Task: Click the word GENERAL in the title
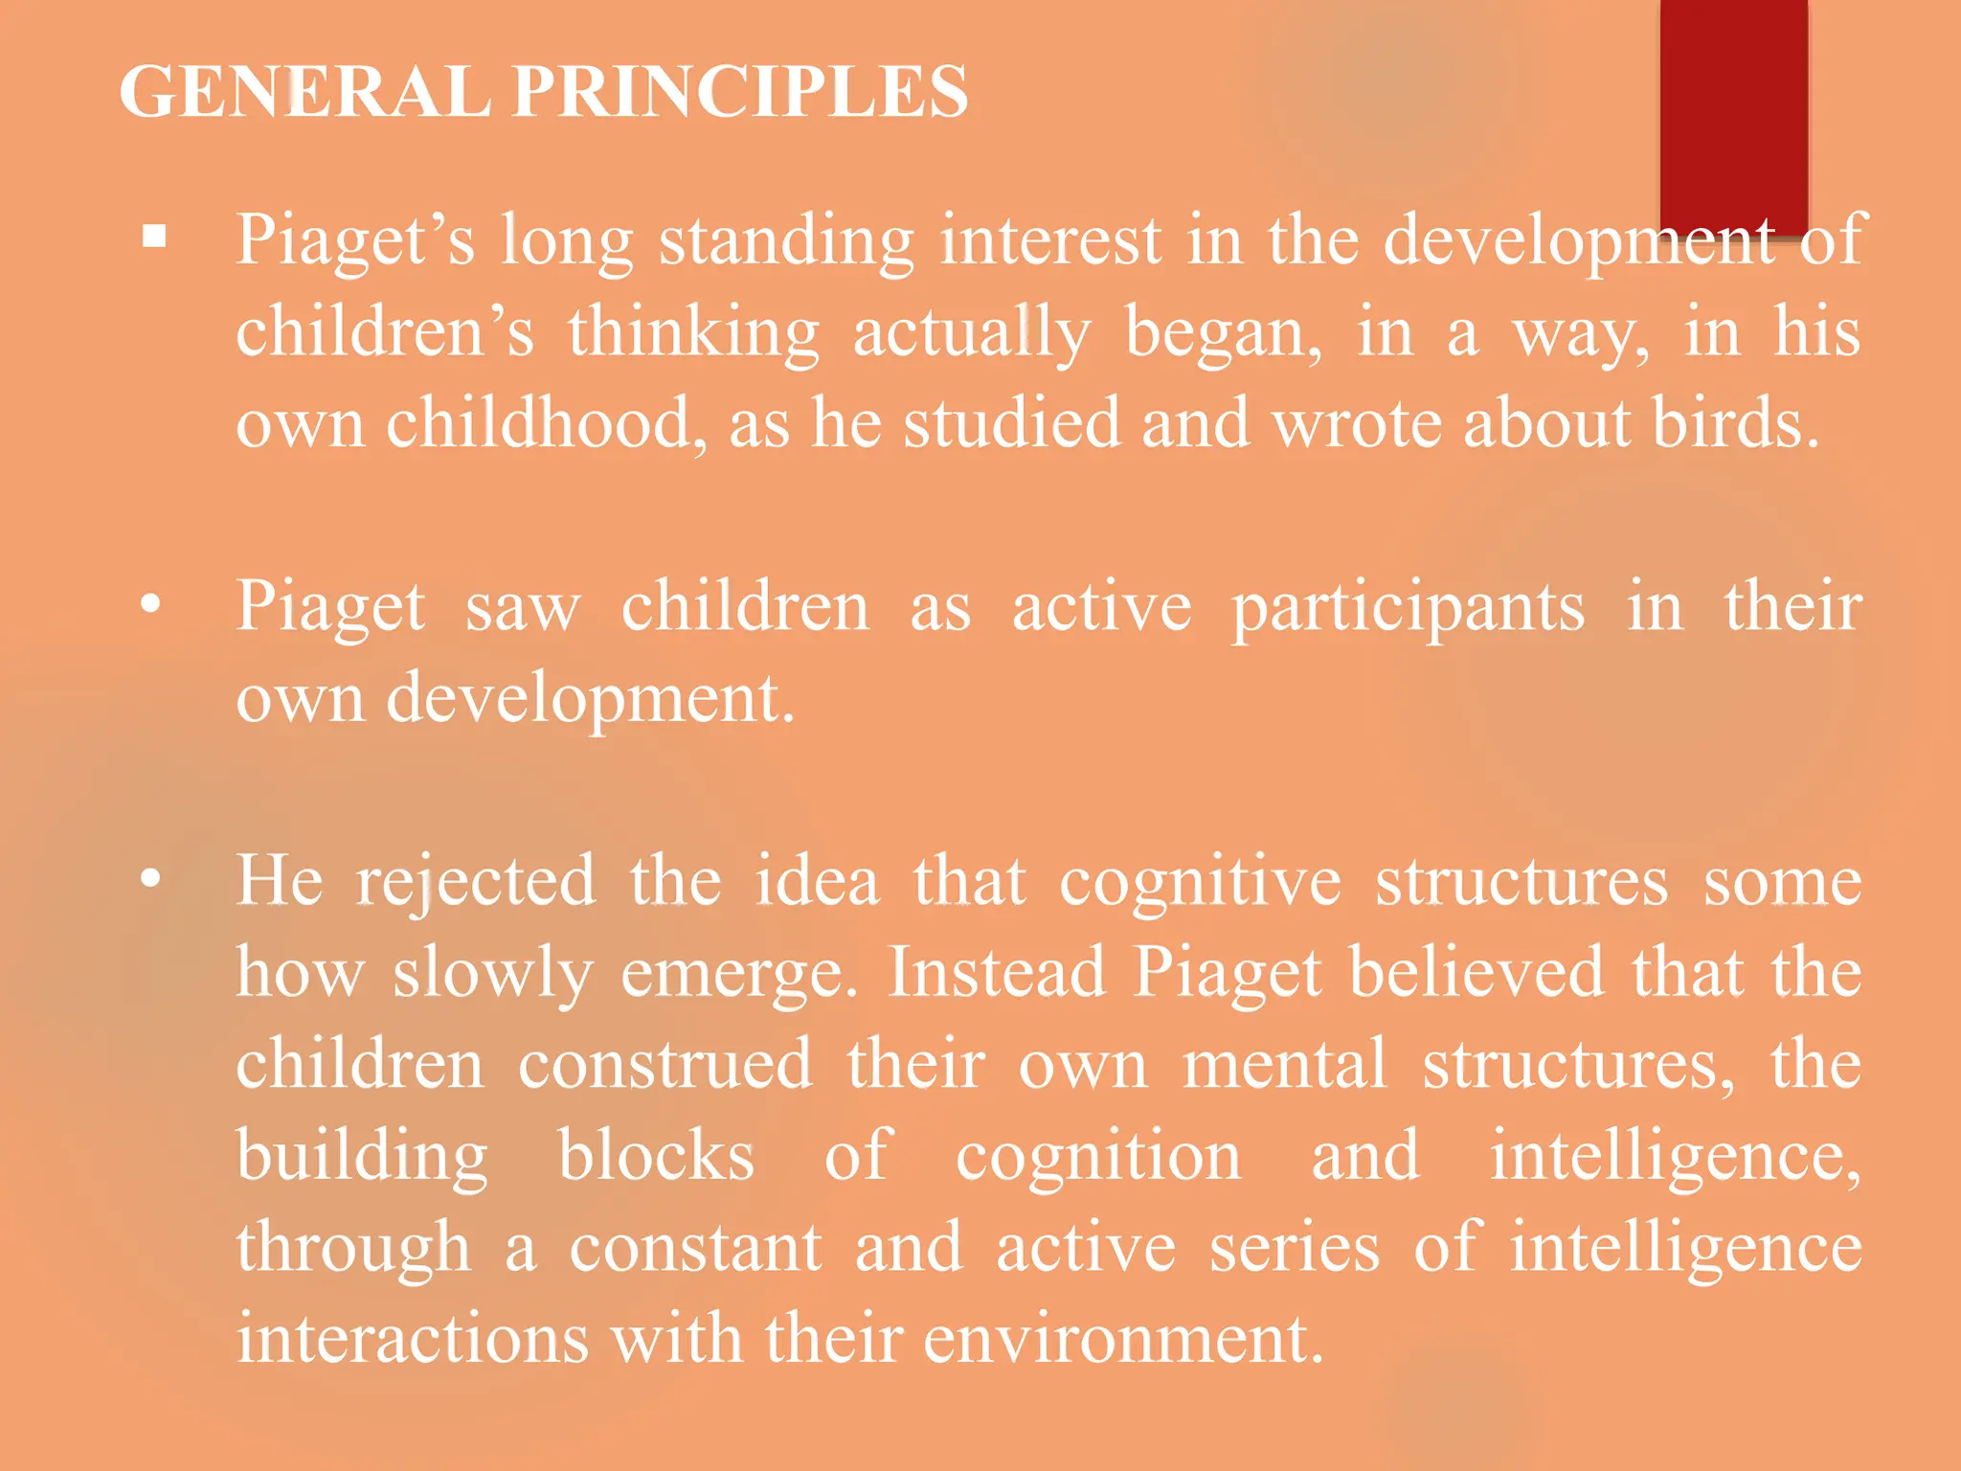coord(304,92)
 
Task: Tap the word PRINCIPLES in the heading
coord(739,92)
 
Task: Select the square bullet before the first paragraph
coord(154,236)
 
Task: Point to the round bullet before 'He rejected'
coord(150,879)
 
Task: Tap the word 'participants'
coord(1408,607)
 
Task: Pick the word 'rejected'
coord(476,881)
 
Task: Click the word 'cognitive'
coord(1200,881)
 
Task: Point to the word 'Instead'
coord(997,973)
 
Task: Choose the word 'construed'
coord(665,1065)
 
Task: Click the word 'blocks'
coord(656,1156)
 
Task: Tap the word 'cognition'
coord(1099,1156)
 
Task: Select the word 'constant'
coord(696,1248)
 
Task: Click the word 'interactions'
coord(413,1339)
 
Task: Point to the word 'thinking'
coord(693,333)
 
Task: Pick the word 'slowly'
coord(492,973)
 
